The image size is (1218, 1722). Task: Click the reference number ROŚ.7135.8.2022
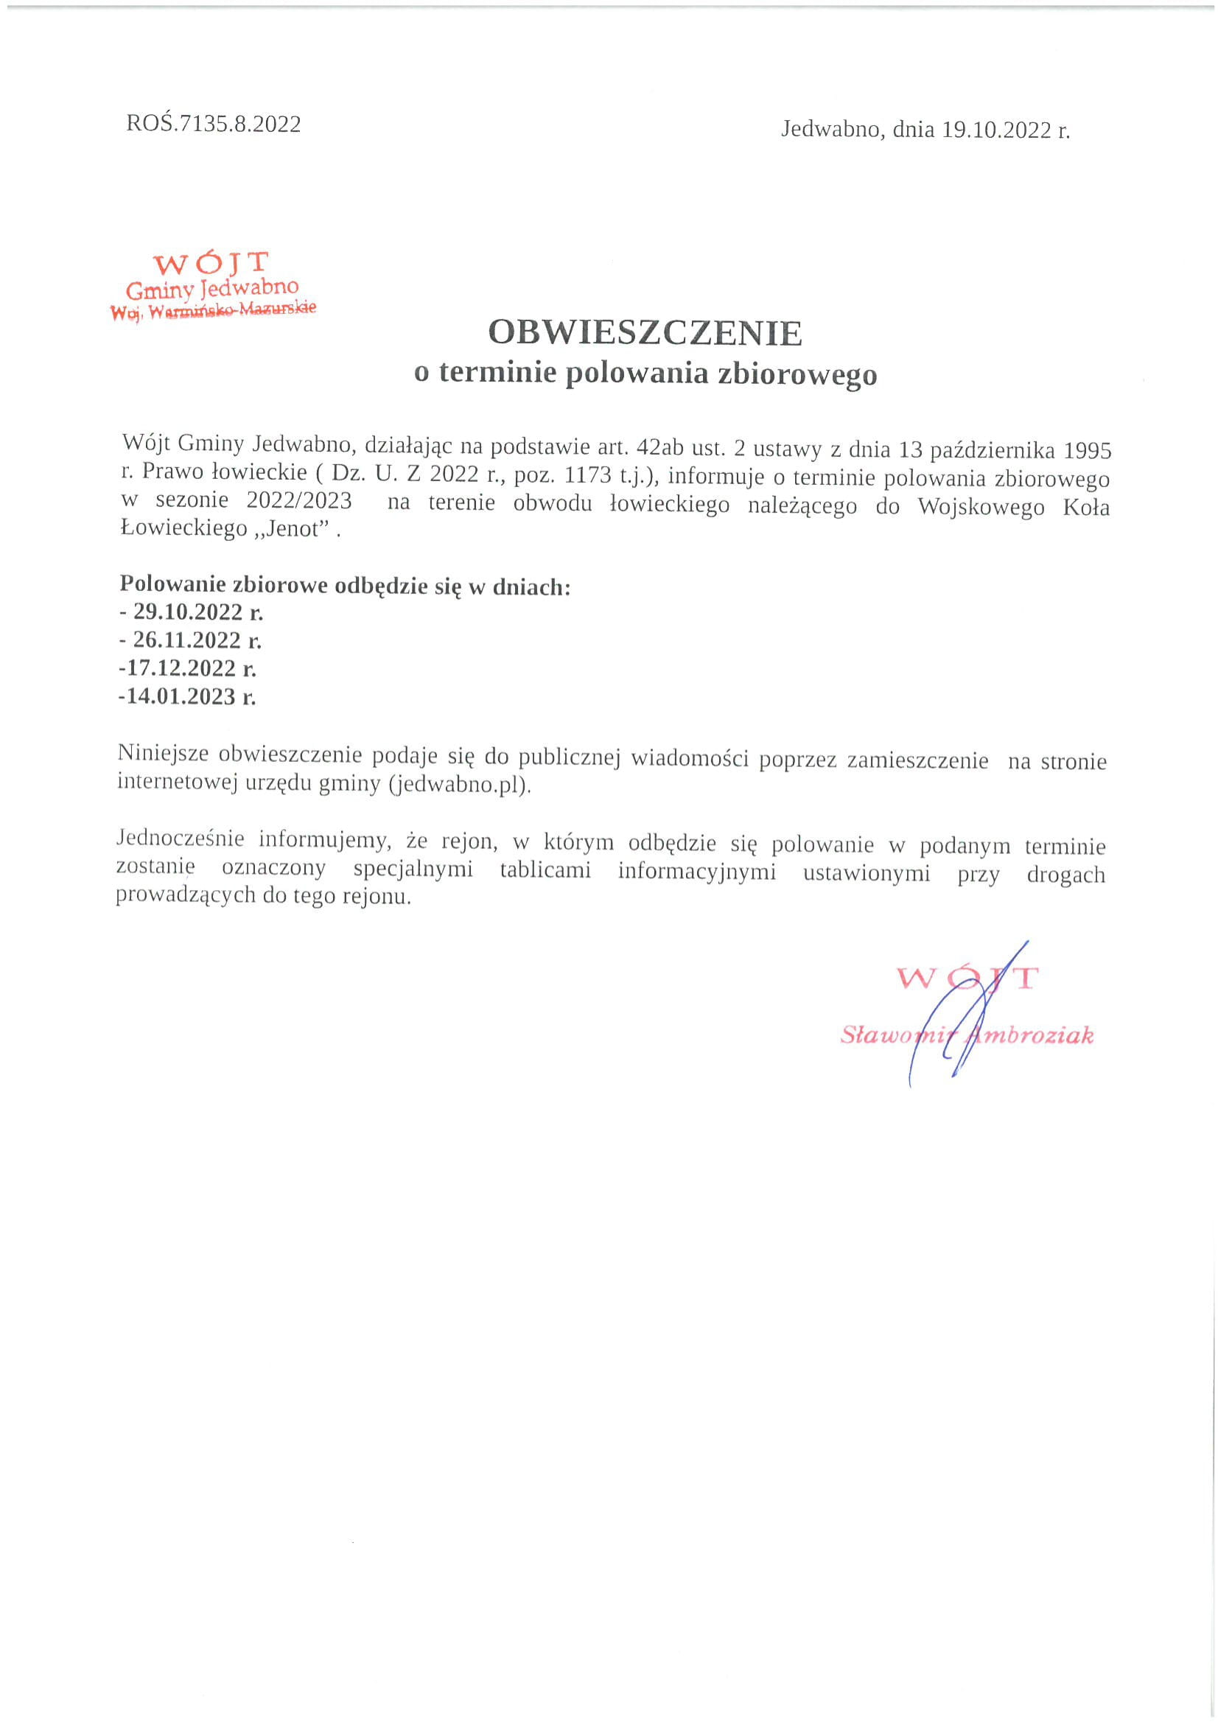pyautogui.click(x=214, y=124)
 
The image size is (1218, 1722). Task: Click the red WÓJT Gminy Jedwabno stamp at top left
pyautogui.click(x=213, y=286)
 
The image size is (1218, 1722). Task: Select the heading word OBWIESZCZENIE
pyautogui.click(x=645, y=333)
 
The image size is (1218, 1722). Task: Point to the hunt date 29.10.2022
pyautogui.click(x=188, y=612)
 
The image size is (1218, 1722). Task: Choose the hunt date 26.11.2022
pyautogui.click(x=187, y=640)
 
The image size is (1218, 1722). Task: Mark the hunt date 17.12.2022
pyautogui.click(x=183, y=668)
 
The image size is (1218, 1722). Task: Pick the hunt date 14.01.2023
pyautogui.click(x=183, y=697)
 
